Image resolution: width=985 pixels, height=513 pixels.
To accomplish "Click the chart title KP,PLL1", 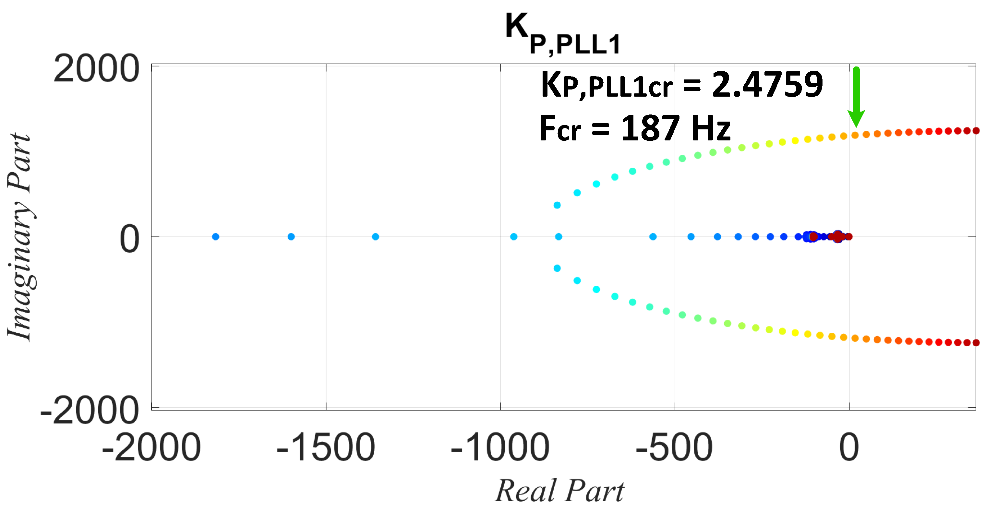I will [562, 34].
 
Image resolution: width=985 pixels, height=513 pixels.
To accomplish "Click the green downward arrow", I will [856, 98].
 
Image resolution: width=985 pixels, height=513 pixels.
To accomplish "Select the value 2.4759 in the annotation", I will [767, 85].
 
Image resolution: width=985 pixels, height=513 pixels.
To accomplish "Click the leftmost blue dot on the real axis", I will [216, 237].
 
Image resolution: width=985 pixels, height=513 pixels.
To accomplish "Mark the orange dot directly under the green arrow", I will [855, 135].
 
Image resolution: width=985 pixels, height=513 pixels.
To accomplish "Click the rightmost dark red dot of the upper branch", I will [976, 131].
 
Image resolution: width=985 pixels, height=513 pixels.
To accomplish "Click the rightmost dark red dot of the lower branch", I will [976, 343].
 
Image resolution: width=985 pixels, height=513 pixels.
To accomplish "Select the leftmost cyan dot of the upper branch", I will [557, 205].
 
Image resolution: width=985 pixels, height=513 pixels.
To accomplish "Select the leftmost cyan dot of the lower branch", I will [557, 268].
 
